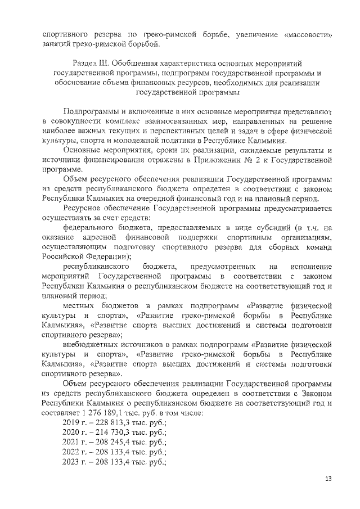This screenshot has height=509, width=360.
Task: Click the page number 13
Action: [329, 478]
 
